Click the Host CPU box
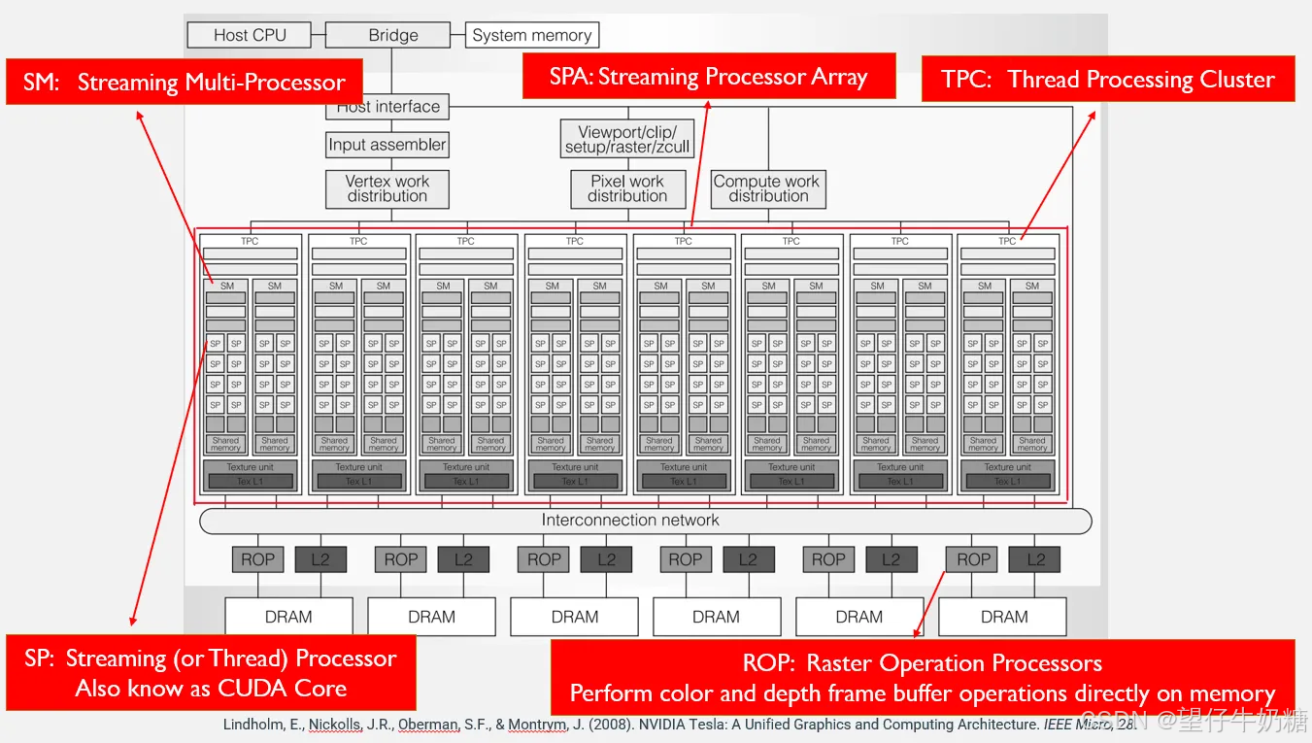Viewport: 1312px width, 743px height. point(250,35)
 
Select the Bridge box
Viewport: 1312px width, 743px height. point(392,35)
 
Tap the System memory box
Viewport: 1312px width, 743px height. point(531,35)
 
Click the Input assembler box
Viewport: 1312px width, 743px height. point(387,145)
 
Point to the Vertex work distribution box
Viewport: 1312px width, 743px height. point(387,188)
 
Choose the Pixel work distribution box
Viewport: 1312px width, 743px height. point(626,188)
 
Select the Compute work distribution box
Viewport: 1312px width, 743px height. point(767,188)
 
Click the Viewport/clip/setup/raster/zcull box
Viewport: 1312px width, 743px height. point(626,139)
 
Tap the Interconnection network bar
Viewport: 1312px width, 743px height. point(630,521)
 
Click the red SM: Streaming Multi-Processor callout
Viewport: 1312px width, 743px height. point(184,83)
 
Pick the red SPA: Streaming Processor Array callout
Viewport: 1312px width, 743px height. point(708,77)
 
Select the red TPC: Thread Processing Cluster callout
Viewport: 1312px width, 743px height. point(1107,80)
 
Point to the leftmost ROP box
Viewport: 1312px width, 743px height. point(257,559)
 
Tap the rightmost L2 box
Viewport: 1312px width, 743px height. point(1034,559)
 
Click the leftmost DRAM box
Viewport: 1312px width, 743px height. point(288,617)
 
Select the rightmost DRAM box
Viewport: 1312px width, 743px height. point(1003,617)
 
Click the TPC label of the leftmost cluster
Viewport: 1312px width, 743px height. point(250,241)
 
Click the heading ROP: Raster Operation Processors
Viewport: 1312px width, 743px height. point(922,663)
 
